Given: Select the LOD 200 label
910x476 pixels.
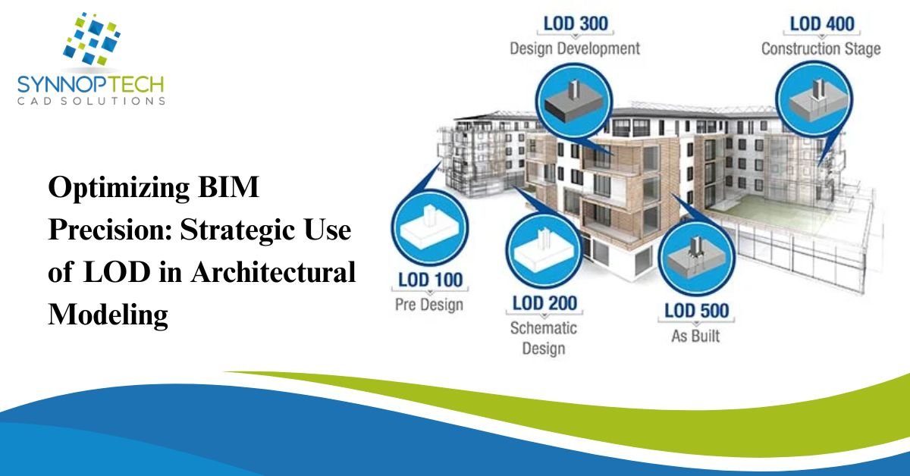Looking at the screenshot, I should [x=544, y=303].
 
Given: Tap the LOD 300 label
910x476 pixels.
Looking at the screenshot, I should [x=576, y=23].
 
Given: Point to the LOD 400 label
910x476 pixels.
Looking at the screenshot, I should [x=821, y=23].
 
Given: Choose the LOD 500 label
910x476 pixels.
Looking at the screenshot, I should [x=696, y=310].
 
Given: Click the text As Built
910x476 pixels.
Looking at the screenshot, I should [x=695, y=335].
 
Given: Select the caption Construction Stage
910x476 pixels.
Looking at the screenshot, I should [x=821, y=49].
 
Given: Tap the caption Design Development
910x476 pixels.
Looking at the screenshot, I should [x=575, y=49].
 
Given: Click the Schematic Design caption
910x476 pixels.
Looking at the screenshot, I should [x=543, y=338].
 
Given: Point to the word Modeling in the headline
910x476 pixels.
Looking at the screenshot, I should [x=108, y=314].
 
